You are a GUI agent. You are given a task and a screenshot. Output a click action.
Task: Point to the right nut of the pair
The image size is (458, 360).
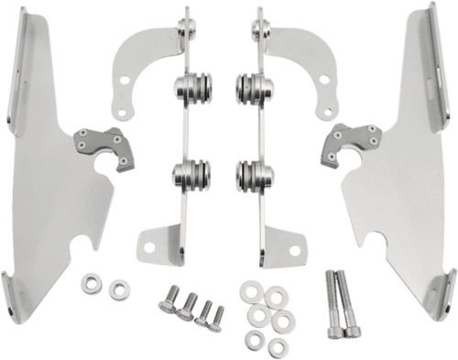(116, 292)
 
